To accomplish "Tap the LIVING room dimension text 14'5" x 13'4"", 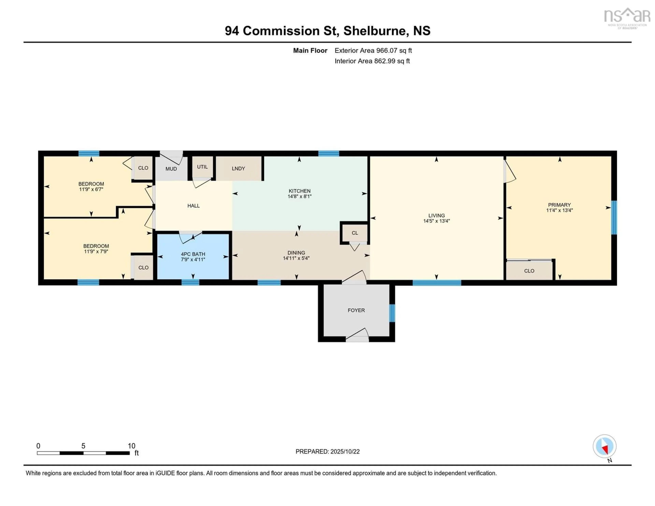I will click(436, 221).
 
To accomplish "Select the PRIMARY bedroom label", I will click(559, 205).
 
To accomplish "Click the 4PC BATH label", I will click(193, 254).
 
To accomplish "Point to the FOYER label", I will click(356, 310).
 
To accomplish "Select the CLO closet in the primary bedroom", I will click(529, 271).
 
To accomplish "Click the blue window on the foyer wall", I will click(392, 313).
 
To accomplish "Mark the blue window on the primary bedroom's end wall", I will click(614, 218).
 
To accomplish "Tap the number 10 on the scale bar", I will click(131, 446).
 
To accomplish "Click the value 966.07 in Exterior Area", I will click(387, 50).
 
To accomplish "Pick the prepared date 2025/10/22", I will click(345, 451).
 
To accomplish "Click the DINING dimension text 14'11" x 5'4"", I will click(296, 258).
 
